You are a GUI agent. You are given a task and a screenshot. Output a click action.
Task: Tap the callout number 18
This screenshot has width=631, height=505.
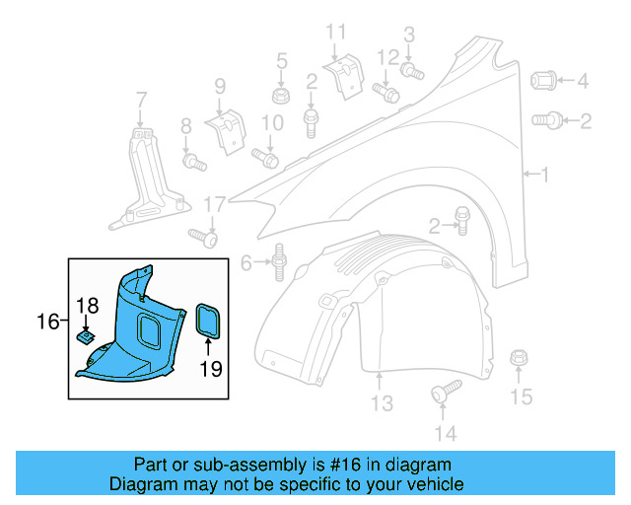click(x=87, y=306)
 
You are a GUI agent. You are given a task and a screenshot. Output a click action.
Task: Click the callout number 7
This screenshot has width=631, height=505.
click(x=141, y=100)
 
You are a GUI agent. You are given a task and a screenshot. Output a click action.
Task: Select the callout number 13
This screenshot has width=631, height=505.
click(x=382, y=402)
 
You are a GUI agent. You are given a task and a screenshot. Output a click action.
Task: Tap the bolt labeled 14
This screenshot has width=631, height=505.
click(x=445, y=391)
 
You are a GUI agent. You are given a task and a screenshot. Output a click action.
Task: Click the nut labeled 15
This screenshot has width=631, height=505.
click(x=519, y=358)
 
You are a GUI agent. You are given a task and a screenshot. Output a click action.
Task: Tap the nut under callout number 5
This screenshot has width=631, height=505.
click(x=281, y=96)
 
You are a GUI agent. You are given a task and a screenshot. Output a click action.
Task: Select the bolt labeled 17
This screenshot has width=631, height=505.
click(x=203, y=236)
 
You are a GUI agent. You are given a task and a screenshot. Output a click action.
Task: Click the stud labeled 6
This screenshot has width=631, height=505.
click(x=279, y=261)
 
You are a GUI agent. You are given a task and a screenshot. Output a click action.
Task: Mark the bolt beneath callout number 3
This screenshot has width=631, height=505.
click(x=412, y=70)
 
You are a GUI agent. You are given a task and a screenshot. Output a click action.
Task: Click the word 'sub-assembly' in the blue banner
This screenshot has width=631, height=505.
click(x=256, y=466)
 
